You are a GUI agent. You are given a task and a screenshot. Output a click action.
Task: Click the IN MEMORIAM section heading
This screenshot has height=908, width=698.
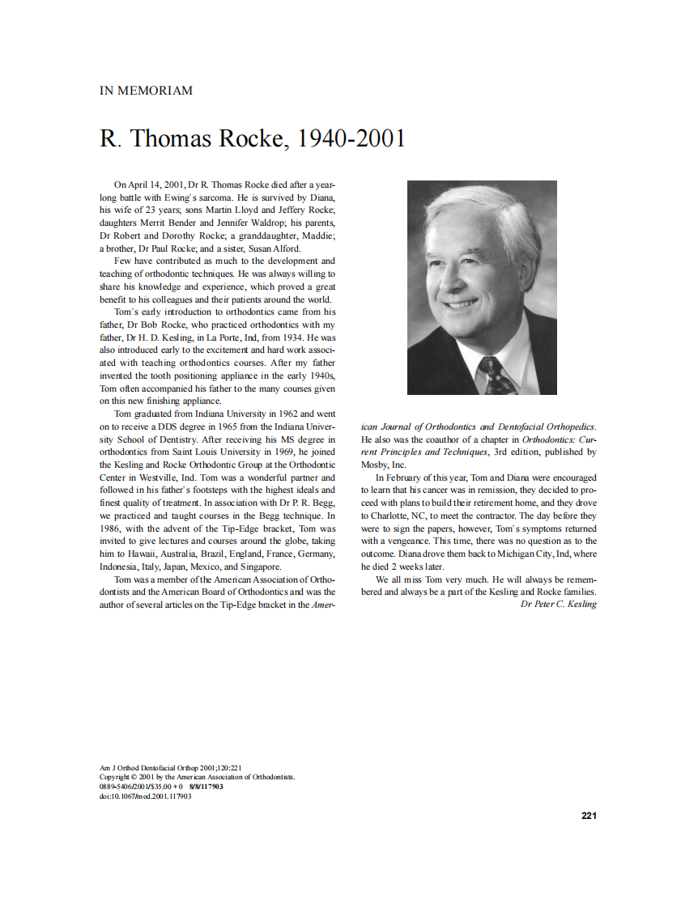click(146, 91)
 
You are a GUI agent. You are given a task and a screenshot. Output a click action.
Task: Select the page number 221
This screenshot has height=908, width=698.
click(589, 815)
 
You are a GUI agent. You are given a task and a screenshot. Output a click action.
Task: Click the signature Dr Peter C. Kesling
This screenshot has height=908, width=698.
click(558, 604)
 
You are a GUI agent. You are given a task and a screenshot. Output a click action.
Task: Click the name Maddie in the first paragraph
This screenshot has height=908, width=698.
click(318, 235)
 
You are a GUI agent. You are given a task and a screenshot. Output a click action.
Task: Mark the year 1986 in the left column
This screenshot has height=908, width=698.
click(111, 528)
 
